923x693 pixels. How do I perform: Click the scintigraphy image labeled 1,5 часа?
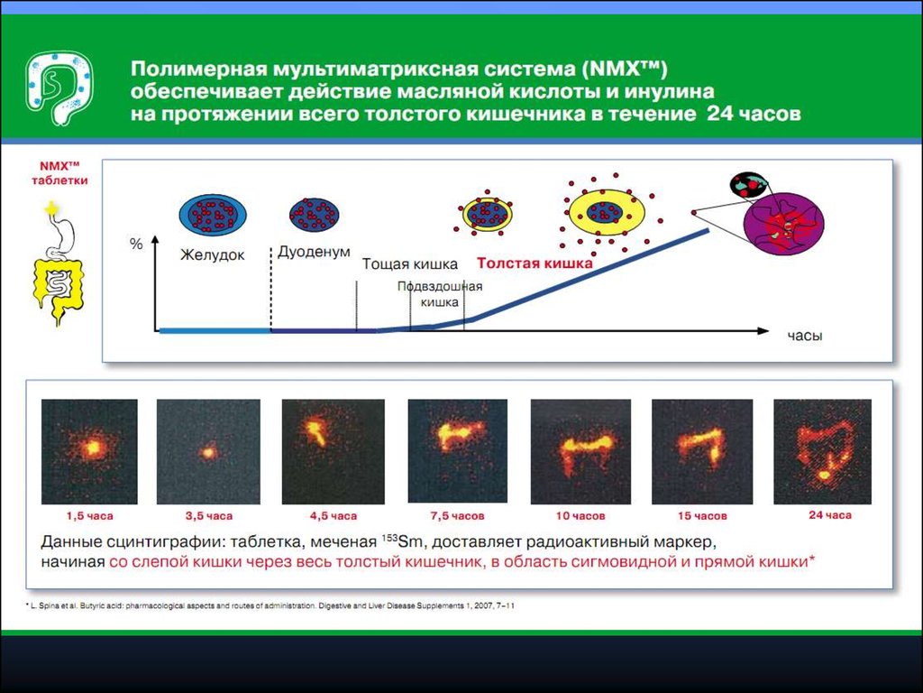pos(89,451)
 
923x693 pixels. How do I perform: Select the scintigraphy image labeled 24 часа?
pos(822,451)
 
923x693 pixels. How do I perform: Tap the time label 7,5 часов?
pos(457,515)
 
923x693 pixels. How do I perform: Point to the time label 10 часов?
pos(580,515)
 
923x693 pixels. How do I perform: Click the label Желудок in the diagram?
pos(212,255)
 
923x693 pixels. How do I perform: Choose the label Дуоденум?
pos(314,252)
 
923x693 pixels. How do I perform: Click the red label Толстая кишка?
pos(535,263)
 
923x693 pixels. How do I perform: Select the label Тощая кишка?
pos(410,264)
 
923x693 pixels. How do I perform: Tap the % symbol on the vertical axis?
pos(136,244)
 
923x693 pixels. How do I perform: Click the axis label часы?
pos(805,336)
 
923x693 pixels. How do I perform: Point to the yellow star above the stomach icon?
pos(51,208)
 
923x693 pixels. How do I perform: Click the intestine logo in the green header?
pos(59,88)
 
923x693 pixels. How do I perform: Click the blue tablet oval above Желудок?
pos(213,215)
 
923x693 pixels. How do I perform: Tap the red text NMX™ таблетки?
pos(59,173)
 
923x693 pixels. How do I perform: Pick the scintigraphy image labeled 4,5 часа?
pos(334,451)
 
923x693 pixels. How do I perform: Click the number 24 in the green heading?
pos(719,113)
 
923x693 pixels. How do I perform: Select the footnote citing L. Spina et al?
pos(270,605)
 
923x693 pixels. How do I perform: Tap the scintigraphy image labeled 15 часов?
pos(702,451)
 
